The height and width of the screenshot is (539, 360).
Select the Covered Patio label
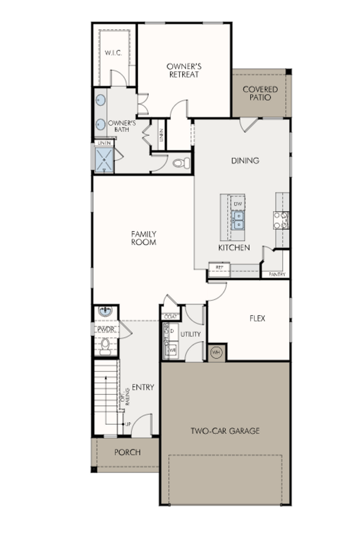(260, 93)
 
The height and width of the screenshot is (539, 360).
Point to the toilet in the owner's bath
(181, 163)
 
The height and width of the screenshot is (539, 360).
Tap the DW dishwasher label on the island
(238, 203)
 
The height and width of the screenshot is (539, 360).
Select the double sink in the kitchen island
(238, 220)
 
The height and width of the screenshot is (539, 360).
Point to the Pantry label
(277, 274)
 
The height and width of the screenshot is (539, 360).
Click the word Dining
(245, 160)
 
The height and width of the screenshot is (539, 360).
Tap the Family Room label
(144, 238)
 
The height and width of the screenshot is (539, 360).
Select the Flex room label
(257, 318)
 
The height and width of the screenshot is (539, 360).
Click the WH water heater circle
(216, 353)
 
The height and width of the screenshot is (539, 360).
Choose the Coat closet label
(169, 317)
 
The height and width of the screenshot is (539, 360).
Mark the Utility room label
(191, 334)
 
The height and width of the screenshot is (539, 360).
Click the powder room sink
(105, 311)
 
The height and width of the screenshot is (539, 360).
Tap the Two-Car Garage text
(225, 431)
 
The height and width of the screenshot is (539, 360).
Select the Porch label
(128, 452)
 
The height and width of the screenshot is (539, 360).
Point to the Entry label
(143, 387)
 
